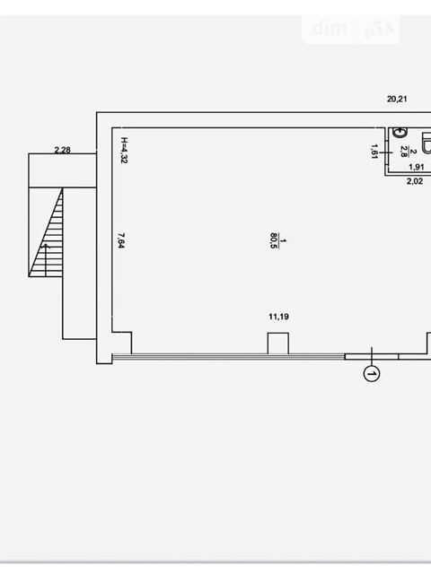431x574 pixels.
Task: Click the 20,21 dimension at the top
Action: pos(397,99)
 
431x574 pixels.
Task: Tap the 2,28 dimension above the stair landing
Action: pos(62,150)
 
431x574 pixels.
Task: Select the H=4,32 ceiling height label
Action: pos(124,150)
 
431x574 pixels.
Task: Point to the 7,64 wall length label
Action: pos(121,240)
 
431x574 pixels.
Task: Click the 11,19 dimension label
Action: pos(278,317)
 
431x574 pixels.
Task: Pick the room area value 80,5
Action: pos(273,240)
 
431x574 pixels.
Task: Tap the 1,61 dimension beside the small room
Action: pos(374,152)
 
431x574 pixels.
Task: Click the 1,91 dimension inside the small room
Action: pos(417,167)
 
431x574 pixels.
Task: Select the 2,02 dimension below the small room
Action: pos(415,181)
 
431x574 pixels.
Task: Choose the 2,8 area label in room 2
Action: pos(403,152)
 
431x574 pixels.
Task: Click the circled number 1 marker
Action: pos(372,374)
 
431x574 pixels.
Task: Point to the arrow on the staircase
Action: pos(46,260)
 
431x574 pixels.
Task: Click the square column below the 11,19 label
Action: pos(277,344)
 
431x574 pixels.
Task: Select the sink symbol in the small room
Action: pos(400,133)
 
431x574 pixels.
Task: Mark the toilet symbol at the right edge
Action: pos(427,143)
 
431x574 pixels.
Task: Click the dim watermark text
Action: pos(330,28)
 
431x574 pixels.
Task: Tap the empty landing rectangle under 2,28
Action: pos(63,170)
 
